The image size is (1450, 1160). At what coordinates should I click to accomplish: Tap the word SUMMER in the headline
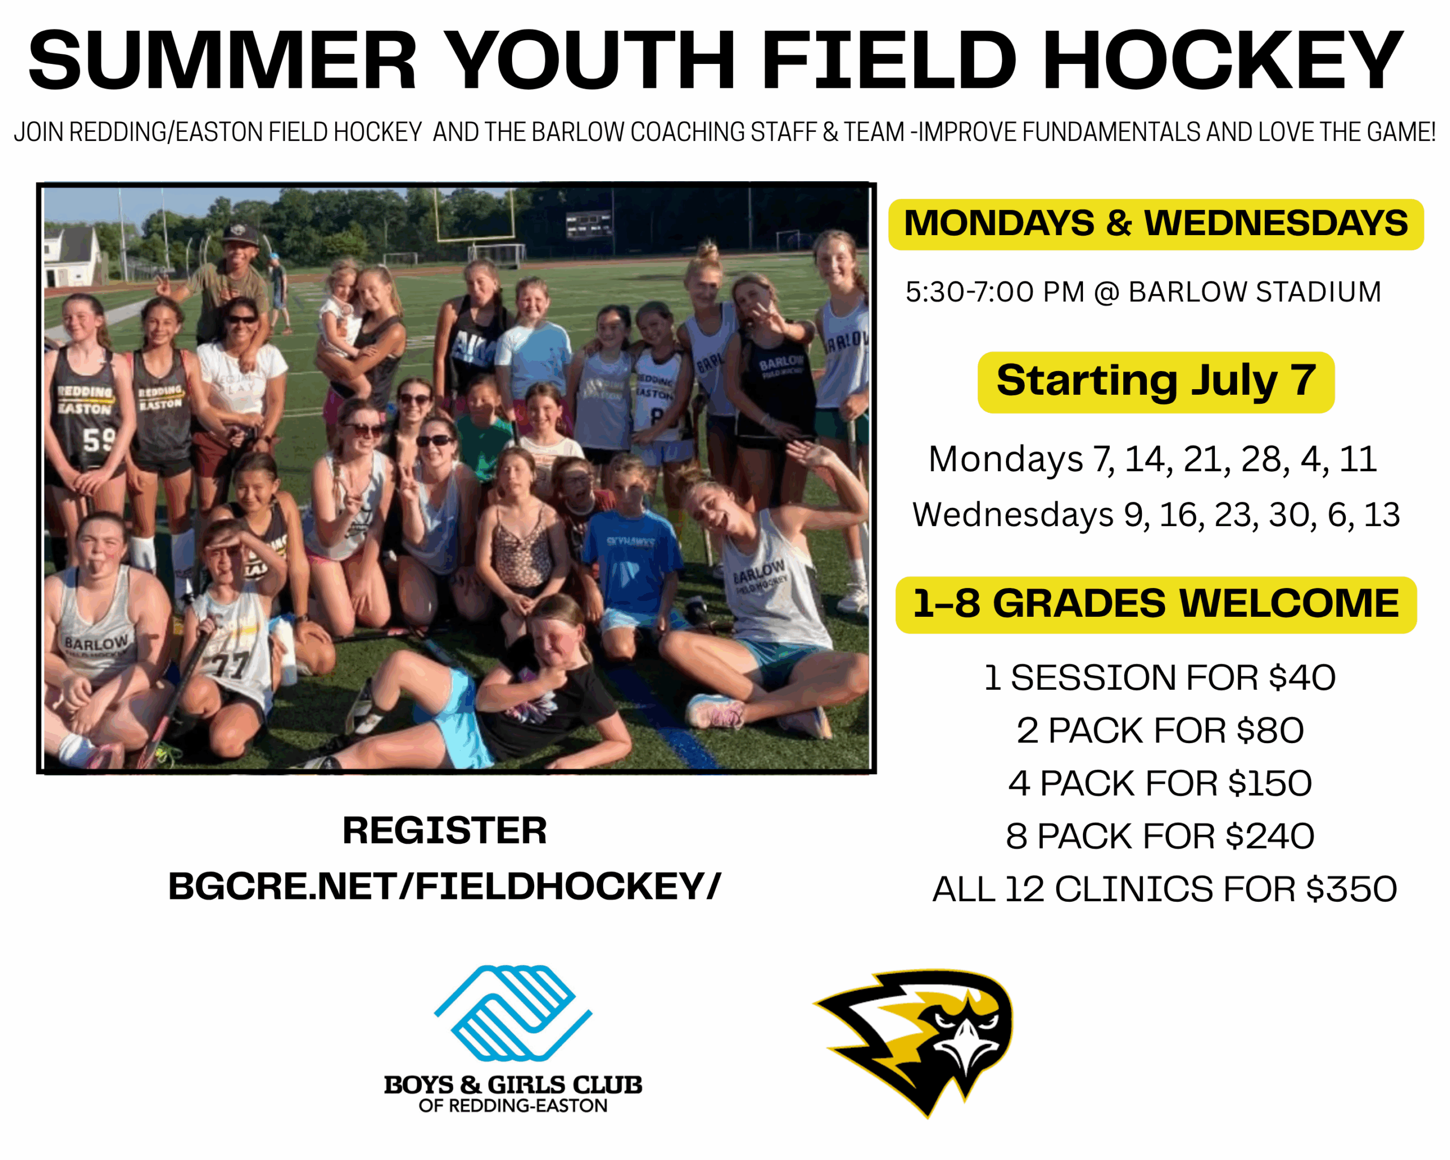tap(223, 61)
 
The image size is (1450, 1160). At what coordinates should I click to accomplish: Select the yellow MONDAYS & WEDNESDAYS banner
tap(1155, 224)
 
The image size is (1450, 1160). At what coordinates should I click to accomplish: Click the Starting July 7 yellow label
tap(1155, 381)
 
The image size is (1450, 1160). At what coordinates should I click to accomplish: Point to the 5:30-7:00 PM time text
tap(995, 292)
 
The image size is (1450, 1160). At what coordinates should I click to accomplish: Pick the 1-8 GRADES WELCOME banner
tap(1155, 604)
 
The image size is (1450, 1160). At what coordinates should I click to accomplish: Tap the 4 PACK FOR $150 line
tap(1159, 783)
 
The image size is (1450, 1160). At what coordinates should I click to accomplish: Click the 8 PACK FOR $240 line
tap(1159, 837)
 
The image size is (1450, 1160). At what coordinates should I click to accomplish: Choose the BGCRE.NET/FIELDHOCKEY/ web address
tap(444, 886)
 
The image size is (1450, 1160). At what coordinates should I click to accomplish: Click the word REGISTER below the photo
tap(444, 830)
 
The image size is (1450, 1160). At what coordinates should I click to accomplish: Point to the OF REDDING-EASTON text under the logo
tap(513, 1106)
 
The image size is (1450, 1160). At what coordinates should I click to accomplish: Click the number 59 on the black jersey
tap(100, 441)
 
